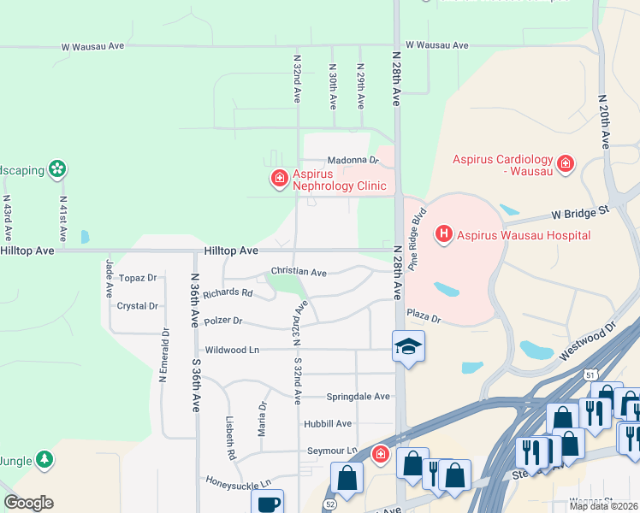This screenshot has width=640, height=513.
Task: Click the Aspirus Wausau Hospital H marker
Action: coord(444,233)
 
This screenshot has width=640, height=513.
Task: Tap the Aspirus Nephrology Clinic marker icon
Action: coord(279,179)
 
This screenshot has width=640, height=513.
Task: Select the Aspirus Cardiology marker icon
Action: coord(565,163)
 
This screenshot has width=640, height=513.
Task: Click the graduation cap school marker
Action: coord(408,346)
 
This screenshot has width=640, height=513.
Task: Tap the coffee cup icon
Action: coord(270,502)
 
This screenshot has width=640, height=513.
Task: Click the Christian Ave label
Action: coord(299,272)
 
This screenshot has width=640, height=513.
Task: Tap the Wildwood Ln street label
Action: coord(232,350)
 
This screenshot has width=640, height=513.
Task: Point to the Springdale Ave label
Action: coord(358,397)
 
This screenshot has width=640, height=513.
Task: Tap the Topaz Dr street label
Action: coord(138,278)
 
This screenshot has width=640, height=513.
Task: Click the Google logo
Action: coord(28,503)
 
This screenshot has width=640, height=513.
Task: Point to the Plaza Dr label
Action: coord(424,317)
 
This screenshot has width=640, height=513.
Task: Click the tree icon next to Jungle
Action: coord(44,461)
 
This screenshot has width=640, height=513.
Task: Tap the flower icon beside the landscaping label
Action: coord(57,169)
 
